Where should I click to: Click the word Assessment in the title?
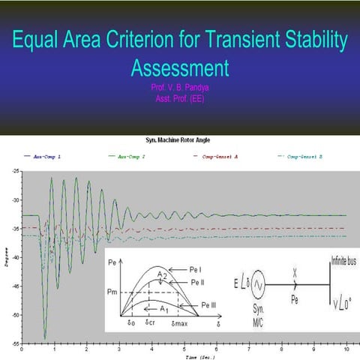point(179,69)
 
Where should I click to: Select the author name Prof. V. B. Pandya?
point(178,87)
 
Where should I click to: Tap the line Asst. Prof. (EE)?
point(178,97)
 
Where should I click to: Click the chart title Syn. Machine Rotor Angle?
point(179,140)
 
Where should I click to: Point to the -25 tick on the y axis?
point(16,172)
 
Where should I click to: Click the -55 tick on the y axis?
point(16,343)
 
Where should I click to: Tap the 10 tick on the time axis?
point(344,349)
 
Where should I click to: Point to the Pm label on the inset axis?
point(115,292)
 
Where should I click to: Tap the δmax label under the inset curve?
point(179,322)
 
